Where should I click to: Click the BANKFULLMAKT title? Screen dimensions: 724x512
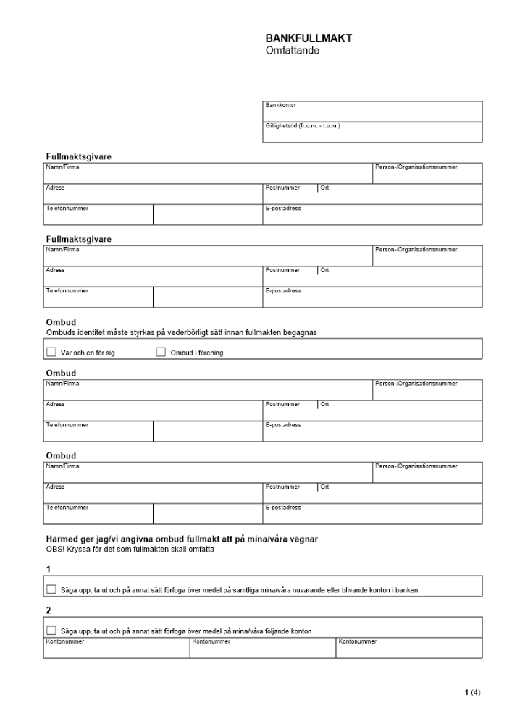click(x=309, y=39)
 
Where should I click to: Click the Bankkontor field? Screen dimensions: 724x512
click(x=372, y=113)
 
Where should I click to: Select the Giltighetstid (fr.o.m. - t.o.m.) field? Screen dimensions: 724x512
click(x=372, y=133)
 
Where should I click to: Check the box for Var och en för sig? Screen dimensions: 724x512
click(x=51, y=353)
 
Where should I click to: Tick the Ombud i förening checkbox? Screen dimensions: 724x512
click(x=161, y=353)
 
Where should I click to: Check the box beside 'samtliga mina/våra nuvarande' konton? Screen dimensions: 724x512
click(x=51, y=589)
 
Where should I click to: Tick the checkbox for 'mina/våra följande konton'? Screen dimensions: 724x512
click(x=51, y=631)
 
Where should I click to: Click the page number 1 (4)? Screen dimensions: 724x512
click(x=471, y=693)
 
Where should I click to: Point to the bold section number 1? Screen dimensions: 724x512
click(x=48, y=569)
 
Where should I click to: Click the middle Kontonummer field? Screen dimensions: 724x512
click(x=262, y=650)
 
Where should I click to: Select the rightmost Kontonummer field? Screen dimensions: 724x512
click(x=408, y=650)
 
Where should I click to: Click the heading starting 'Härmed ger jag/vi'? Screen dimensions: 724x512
click(x=182, y=538)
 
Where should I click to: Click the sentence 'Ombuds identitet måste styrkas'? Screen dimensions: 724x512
click(x=182, y=333)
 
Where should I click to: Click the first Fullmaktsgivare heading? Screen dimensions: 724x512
click(x=78, y=156)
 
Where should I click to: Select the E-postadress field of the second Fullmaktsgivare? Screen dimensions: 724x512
click(x=372, y=299)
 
